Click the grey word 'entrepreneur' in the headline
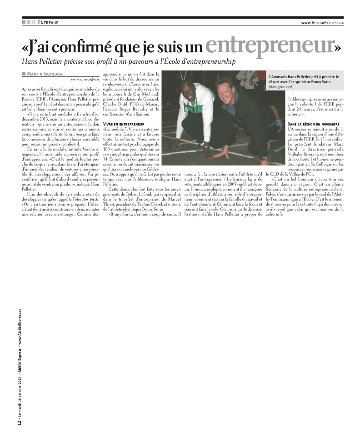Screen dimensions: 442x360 tap(270, 45)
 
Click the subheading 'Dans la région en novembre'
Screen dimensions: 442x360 tap(314, 124)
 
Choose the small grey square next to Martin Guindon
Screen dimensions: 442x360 tap(23, 74)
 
